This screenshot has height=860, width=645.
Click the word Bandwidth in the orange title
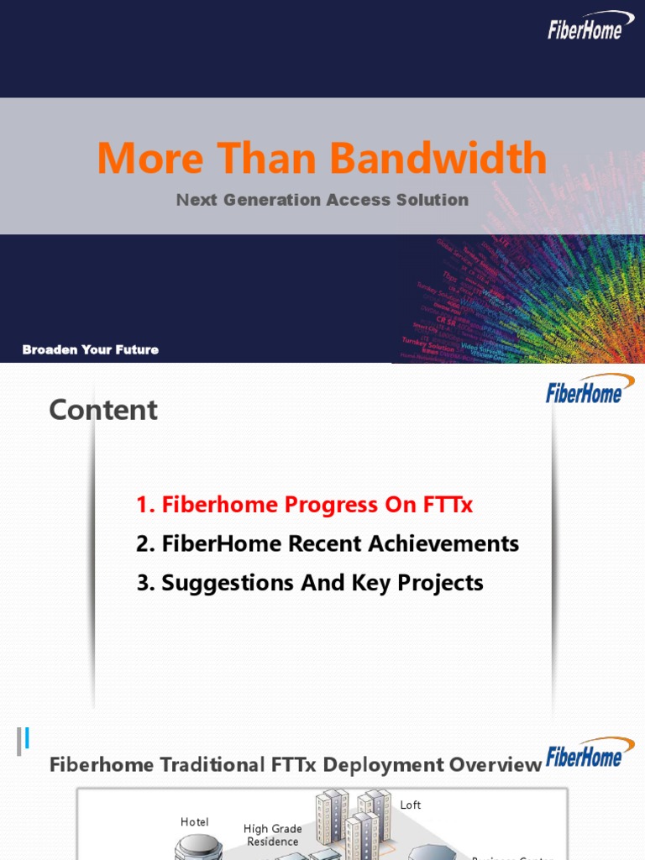[x=438, y=158]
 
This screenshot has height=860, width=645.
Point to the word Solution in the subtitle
[x=434, y=200]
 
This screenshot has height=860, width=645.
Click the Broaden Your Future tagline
[x=91, y=349]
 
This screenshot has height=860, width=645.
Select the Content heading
[x=103, y=410]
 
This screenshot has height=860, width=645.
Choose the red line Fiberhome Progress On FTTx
[x=305, y=505]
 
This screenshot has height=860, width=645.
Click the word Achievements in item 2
[x=446, y=544]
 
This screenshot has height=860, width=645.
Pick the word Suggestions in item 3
[x=220, y=583]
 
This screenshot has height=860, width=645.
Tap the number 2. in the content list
[x=145, y=544]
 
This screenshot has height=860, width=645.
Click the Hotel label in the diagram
[x=195, y=822]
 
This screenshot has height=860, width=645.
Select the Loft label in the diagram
[x=411, y=805]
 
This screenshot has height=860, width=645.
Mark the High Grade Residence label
[x=272, y=835]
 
